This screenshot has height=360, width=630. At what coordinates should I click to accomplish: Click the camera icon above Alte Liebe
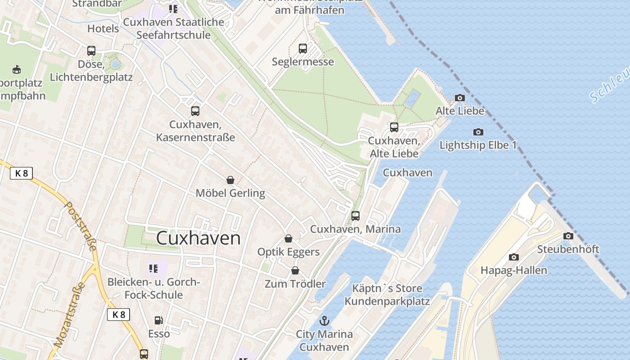459,98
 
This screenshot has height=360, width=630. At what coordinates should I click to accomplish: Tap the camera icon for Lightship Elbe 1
478,132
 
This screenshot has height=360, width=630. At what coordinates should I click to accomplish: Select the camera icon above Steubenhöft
568,236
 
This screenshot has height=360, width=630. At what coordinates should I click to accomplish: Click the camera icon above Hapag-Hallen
513,257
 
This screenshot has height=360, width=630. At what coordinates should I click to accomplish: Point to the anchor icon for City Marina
324,321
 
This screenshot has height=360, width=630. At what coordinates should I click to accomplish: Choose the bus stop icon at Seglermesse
303,48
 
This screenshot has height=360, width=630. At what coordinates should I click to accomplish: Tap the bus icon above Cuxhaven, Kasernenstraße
195,111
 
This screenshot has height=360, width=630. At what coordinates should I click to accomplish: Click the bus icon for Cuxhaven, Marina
355,216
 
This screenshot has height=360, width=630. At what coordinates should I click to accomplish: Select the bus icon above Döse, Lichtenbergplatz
91,50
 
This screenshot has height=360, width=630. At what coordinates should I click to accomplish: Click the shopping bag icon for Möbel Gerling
230,180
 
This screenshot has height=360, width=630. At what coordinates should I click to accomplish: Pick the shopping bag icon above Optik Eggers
288,238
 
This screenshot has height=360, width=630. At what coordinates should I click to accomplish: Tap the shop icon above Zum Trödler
295,270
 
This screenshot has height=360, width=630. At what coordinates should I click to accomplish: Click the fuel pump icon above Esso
159,320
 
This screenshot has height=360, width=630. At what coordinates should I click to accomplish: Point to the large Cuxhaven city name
198,238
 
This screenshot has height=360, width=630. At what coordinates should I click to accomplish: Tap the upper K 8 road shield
21,173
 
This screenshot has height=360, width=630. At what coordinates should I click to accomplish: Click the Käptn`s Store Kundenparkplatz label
387,295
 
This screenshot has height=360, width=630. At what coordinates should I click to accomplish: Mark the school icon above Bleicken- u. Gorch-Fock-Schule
153,269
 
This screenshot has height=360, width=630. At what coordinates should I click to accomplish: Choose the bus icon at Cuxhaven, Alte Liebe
394,127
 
